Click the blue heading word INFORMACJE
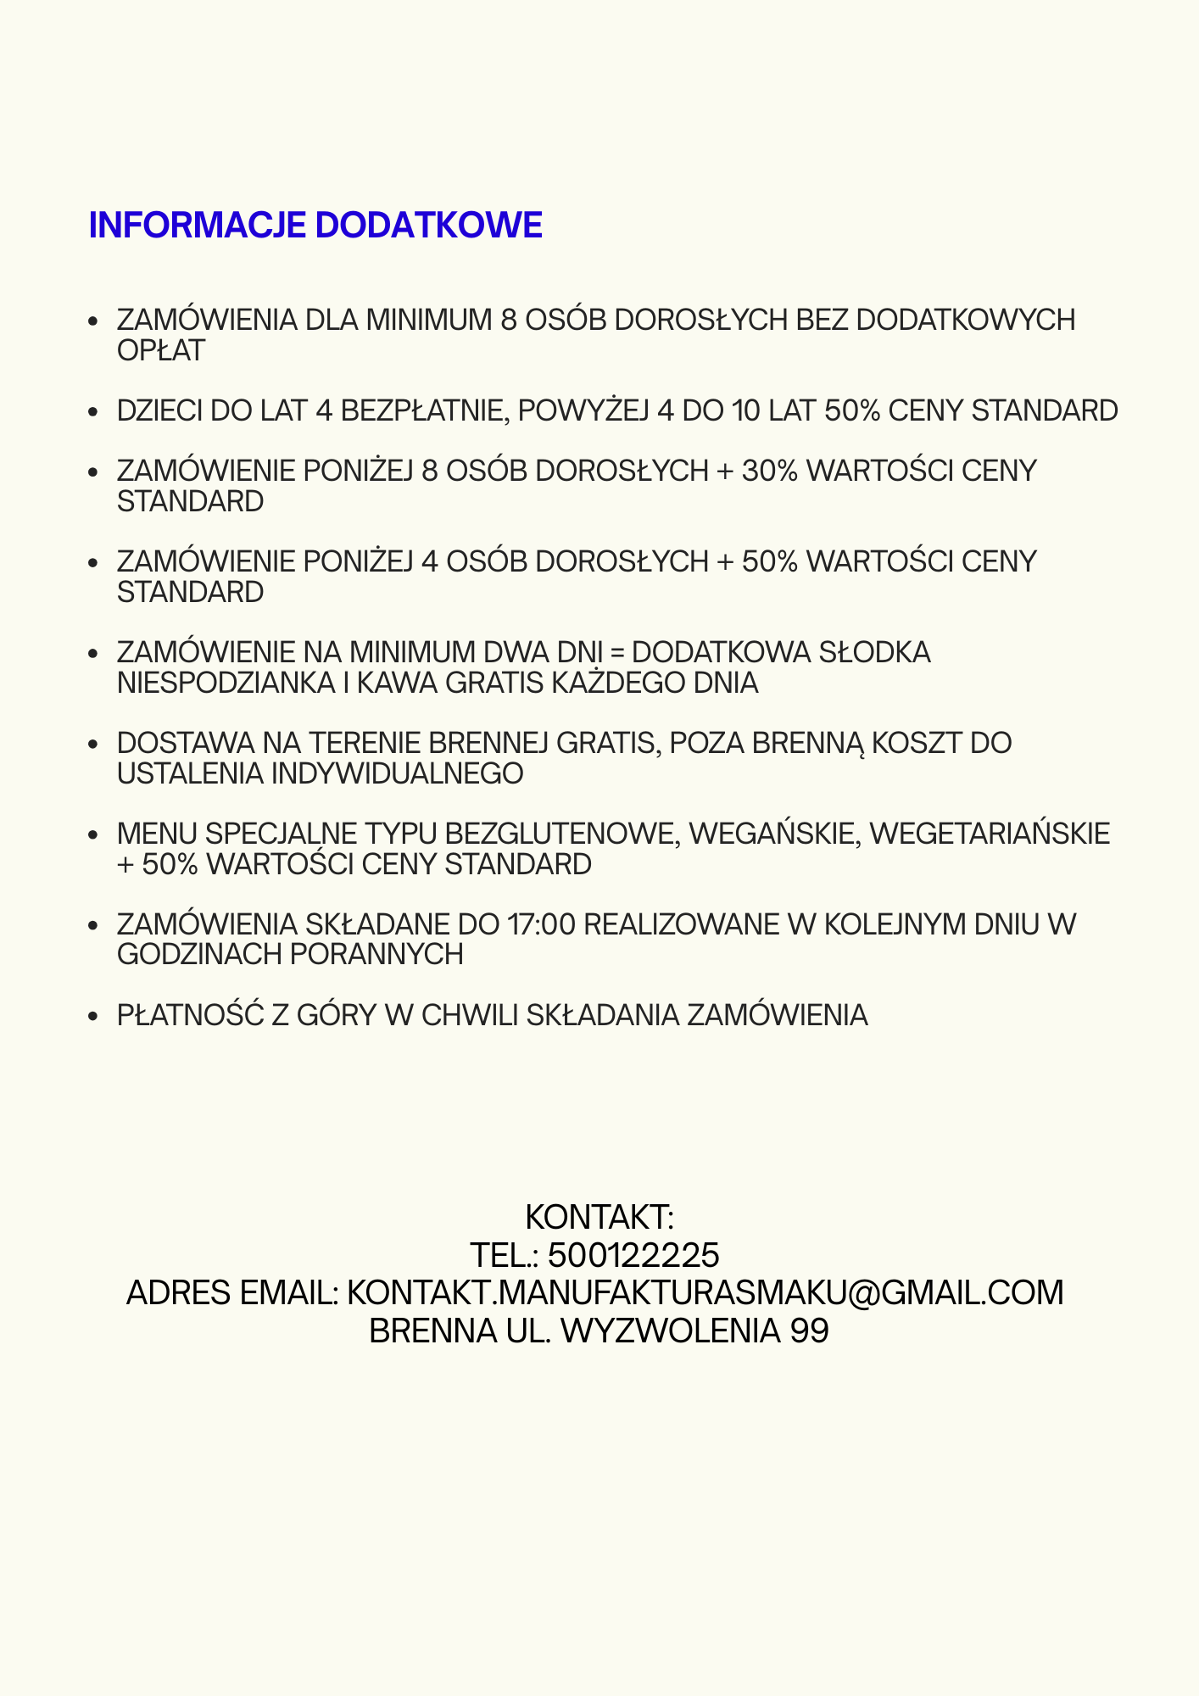tap(198, 226)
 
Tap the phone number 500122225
tap(633, 1255)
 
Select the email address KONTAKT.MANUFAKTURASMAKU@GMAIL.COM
tap(705, 1293)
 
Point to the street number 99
tap(809, 1331)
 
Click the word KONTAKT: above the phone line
tap(599, 1218)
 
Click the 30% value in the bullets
tap(770, 471)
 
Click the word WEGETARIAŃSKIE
tap(990, 834)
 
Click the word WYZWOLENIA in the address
tap(671, 1331)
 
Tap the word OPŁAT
tap(161, 351)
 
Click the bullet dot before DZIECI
tap(95, 412)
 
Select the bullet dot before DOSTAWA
tap(95, 745)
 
